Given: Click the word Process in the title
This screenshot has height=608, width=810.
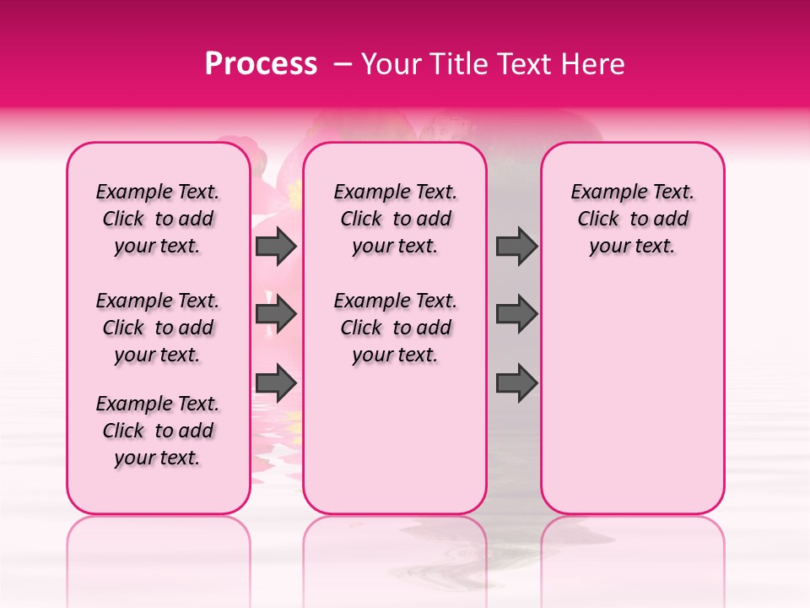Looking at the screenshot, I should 260,64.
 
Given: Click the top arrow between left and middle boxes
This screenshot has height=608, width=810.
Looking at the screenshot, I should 276,246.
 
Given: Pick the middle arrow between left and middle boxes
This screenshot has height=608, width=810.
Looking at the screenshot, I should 276,314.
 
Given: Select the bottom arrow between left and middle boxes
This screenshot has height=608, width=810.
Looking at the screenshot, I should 276,383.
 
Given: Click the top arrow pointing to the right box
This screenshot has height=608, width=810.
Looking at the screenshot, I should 516,246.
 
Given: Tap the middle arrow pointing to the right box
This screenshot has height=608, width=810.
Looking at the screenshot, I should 516,314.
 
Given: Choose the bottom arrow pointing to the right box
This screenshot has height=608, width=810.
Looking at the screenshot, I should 516,383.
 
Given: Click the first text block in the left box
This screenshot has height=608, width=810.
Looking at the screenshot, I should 158,219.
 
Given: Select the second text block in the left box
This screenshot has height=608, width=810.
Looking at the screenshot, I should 158,328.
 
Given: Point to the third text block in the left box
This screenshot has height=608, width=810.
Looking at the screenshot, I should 158,431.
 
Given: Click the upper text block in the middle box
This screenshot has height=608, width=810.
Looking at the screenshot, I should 395,219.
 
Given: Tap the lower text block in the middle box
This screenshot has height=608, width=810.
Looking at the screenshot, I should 395,328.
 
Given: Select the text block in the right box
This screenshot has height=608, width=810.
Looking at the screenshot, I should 632,219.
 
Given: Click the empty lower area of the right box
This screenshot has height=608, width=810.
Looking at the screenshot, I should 632,397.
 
